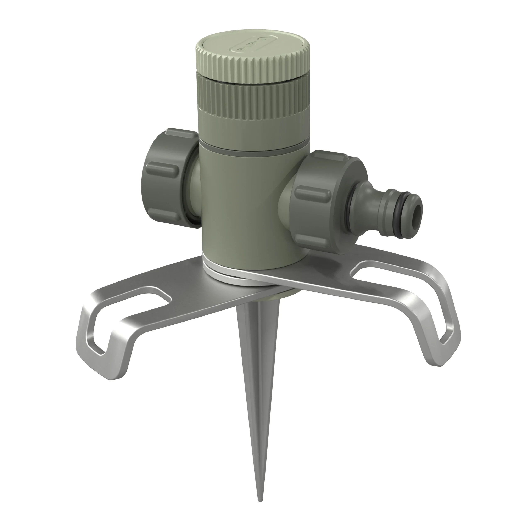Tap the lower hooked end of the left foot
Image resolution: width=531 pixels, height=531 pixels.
pyautogui.click(x=110, y=368)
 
